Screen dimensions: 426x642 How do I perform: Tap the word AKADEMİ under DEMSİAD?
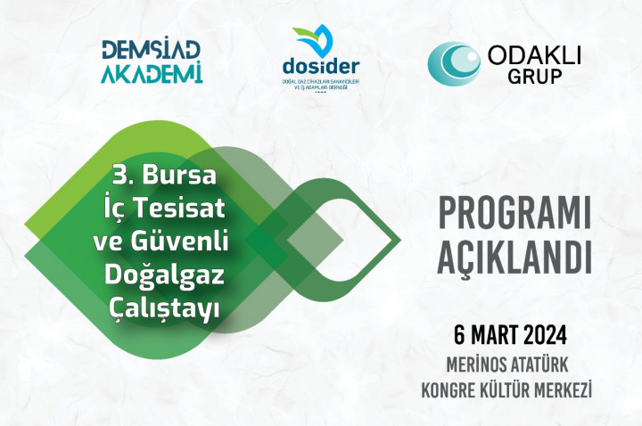click(x=152, y=72)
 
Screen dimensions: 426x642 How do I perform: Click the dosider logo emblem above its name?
click(x=314, y=41)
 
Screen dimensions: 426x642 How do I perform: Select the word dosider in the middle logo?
click(x=320, y=68)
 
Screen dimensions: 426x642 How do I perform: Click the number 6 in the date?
click(x=459, y=336)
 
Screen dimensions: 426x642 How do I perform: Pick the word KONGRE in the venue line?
click(x=453, y=389)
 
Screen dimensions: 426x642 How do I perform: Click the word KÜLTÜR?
click(x=516, y=389)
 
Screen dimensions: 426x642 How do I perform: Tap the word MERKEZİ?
click(x=572, y=389)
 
